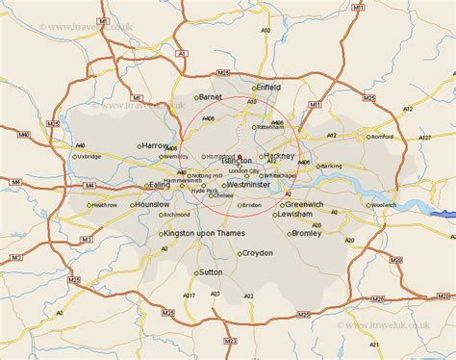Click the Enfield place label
(x=267, y=87)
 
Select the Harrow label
(x=156, y=145)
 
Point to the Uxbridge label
(x=89, y=156)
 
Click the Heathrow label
(x=103, y=205)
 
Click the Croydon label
(x=257, y=253)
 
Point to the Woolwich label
(x=383, y=205)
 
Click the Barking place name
(x=331, y=166)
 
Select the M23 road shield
(x=230, y=343)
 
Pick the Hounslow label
(x=151, y=205)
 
